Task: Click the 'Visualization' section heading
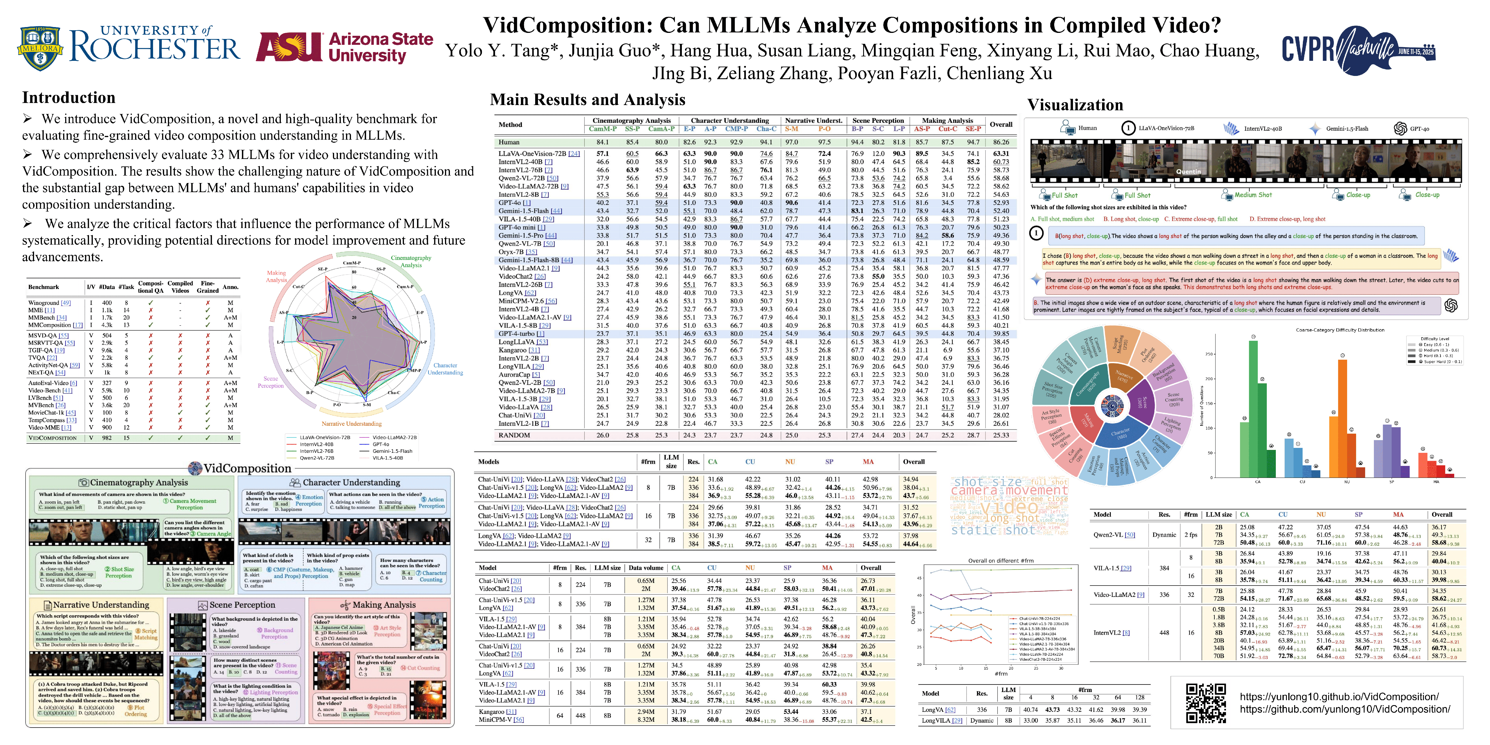click(x=1075, y=105)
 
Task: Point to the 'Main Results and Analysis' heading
click(x=587, y=100)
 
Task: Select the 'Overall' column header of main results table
click(x=1001, y=124)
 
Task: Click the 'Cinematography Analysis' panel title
click(x=139, y=483)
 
